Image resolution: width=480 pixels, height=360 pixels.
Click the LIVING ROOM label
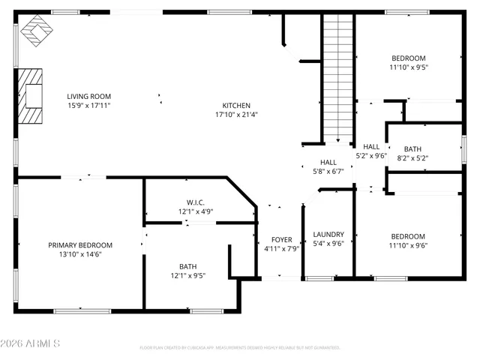pyautogui.click(x=88, y=96)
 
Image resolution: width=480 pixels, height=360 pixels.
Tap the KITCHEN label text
pyautogui.click(x=236, y=105)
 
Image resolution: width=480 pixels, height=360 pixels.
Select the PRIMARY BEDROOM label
pyautogui.click(x=80, y=245)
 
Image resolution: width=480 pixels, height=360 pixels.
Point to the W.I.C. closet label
pyautogui.click(x=196, y=202)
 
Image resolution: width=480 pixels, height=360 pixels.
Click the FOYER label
pyautogui.click(x=281, y=240)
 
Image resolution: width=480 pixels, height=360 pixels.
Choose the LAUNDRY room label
pyautogui.click(x=328, y=234)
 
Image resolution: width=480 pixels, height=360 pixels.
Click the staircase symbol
pyautogui.click(x=337, y=75)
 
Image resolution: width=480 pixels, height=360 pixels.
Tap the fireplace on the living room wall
pyautogui.click(x=31, y=96)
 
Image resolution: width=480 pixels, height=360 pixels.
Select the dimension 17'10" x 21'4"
pyautogui.click(x=236, y=115)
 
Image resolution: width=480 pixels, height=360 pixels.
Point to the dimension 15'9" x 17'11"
pyautogui.click(x=88, y=106)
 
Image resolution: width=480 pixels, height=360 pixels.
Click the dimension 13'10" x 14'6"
pyautogui.click(x=80, y=255)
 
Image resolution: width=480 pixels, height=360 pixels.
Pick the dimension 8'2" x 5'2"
pyautogui.click(x=412, y=158)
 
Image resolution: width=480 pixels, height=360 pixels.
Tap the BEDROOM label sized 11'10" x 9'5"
pyautogui.click(x=408, y=58)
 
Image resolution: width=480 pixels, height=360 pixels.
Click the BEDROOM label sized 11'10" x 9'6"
pyautogui.click(x=408, y=235)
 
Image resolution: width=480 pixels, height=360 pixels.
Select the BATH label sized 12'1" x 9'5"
pyautogui.click(x=187, y=266)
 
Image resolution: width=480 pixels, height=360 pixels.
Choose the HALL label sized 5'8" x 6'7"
pyautogui.click(x=328, y=162)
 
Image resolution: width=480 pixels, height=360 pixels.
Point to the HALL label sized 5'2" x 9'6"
pyautogui.click(x=370, y=146)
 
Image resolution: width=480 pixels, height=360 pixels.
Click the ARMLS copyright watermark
pyautogui.click(x=31, y=343)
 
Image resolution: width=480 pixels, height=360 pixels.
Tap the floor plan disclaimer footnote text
pyautogui.click(x=240, y=347)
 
